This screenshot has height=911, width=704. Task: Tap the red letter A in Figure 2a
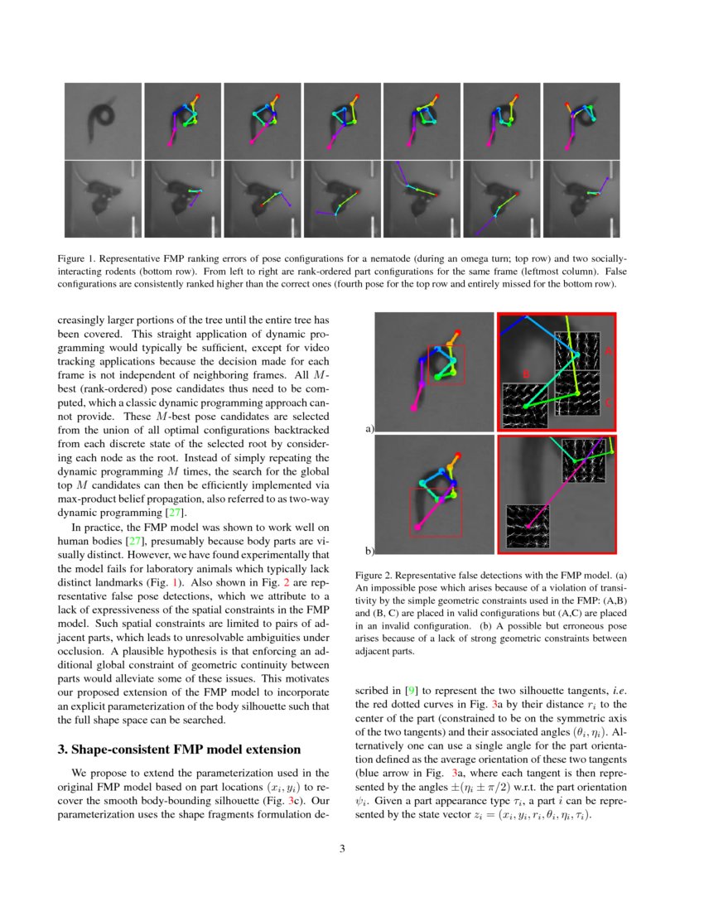[609, 351]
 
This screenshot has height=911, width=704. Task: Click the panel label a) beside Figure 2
[369, 429]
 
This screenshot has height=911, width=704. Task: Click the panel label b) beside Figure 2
[369, 551]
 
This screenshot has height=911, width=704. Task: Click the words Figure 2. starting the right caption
[374, 575]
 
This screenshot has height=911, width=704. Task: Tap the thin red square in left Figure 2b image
[436, 512]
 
